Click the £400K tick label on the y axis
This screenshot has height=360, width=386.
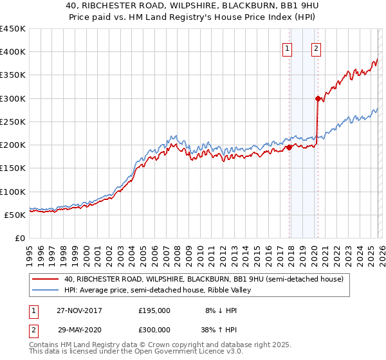click(x=13, y=52)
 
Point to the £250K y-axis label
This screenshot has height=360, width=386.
click(x=13, y=122)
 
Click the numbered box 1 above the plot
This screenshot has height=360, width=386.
click(x=286, y=47)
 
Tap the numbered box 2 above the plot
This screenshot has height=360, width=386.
click(x=317, y=47)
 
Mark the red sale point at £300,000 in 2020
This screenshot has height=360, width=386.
click(x=318, y=98)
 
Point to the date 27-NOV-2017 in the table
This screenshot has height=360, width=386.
click(x=80, y=310)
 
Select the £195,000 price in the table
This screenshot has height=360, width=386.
click(x=154, y=310)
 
